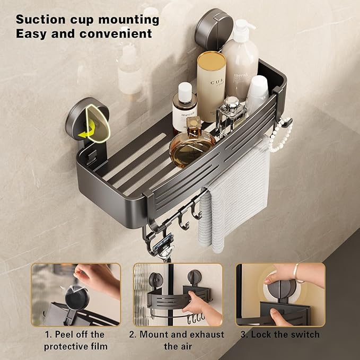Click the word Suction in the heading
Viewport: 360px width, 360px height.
[40, 20]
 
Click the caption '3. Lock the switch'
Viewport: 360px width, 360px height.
[280, 335]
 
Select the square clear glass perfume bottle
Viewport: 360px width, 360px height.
[230, 114]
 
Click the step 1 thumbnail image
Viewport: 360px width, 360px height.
[75, 294]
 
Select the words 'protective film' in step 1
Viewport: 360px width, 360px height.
[75, 347]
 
